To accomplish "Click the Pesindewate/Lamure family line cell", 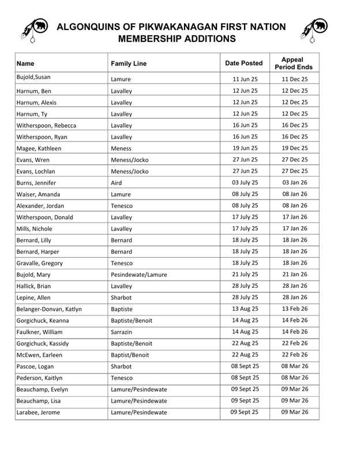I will coord(138,275).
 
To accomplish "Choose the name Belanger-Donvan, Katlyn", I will coord(49,310).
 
